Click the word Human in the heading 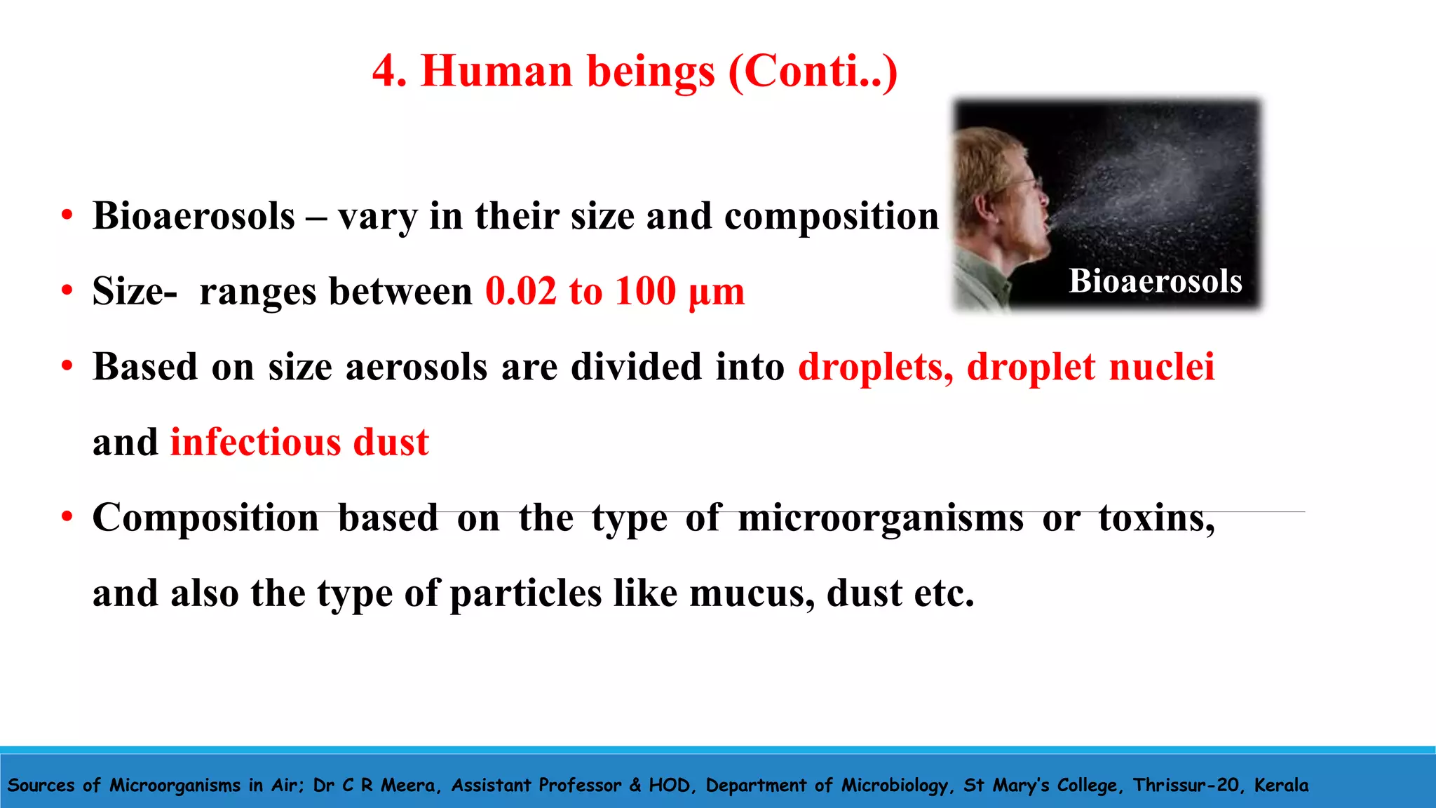[x=496, y=72]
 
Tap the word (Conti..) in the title [x=813, y=72]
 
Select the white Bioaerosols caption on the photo [x=1155, y=281]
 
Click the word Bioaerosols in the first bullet [x=194, y=216]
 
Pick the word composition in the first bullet [x=831, y=216]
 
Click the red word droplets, [x=875, y=367]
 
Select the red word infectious [x=255, y=443]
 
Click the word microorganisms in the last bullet [x=881, y=518]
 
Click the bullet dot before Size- [x=67, y=290]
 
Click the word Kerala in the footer [x=1280, y=785]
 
